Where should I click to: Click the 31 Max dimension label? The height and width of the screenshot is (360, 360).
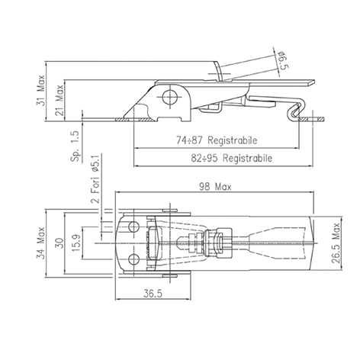(40, 91)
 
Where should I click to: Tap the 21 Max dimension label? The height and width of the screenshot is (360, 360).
(59, 101)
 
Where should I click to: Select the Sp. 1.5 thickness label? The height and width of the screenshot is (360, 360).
(76, 146)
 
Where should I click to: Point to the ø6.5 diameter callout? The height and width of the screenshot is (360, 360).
(284, 60)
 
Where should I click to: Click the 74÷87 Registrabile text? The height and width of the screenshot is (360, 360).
(217, 140)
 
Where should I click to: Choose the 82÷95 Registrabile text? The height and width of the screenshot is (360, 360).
(232, 158)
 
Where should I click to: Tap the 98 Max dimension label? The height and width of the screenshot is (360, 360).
(215, 187)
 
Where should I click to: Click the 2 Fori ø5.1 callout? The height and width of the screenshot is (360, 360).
(95, 179)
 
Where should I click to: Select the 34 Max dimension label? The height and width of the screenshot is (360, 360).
(40, 243)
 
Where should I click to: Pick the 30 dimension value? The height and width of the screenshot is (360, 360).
(59, 243)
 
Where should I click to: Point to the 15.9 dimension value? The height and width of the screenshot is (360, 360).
(76, 243)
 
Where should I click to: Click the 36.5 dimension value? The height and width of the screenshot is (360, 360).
(153, 294)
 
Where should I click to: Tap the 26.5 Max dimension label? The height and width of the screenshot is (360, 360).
(336, 243)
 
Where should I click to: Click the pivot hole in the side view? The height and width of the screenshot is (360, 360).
(170, 97)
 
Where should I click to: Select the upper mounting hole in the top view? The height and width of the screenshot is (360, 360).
(133, 227)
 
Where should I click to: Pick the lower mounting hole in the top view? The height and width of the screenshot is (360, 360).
(133, 259)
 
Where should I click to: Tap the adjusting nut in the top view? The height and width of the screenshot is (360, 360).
(219, 243)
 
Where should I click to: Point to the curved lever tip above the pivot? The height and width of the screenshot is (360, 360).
(218, 71)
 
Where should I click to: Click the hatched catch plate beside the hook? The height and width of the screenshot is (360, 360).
(311, 119)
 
